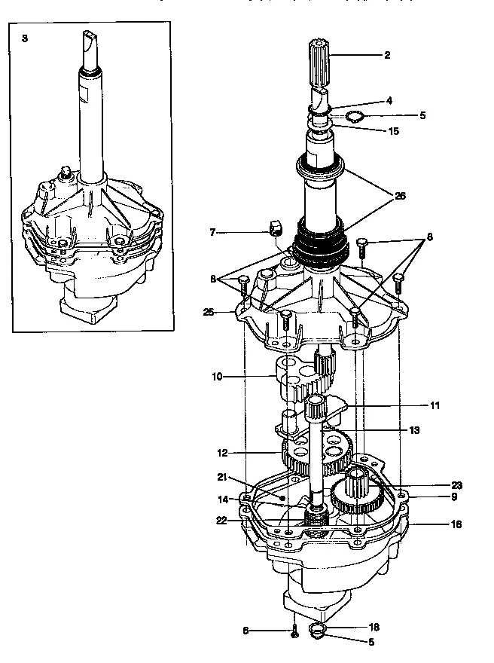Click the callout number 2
[x=387, y=55]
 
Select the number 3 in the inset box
[x=25, y=37]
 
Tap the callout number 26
[x=401, y=196]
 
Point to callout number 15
[x=392, y=131]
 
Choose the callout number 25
[x=208, y=311]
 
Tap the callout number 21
[x=222, y=477]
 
